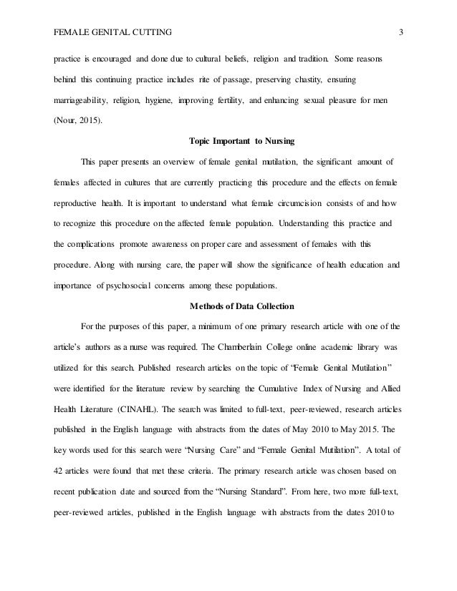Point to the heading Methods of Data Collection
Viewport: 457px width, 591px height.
click(x=228, y=308)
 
